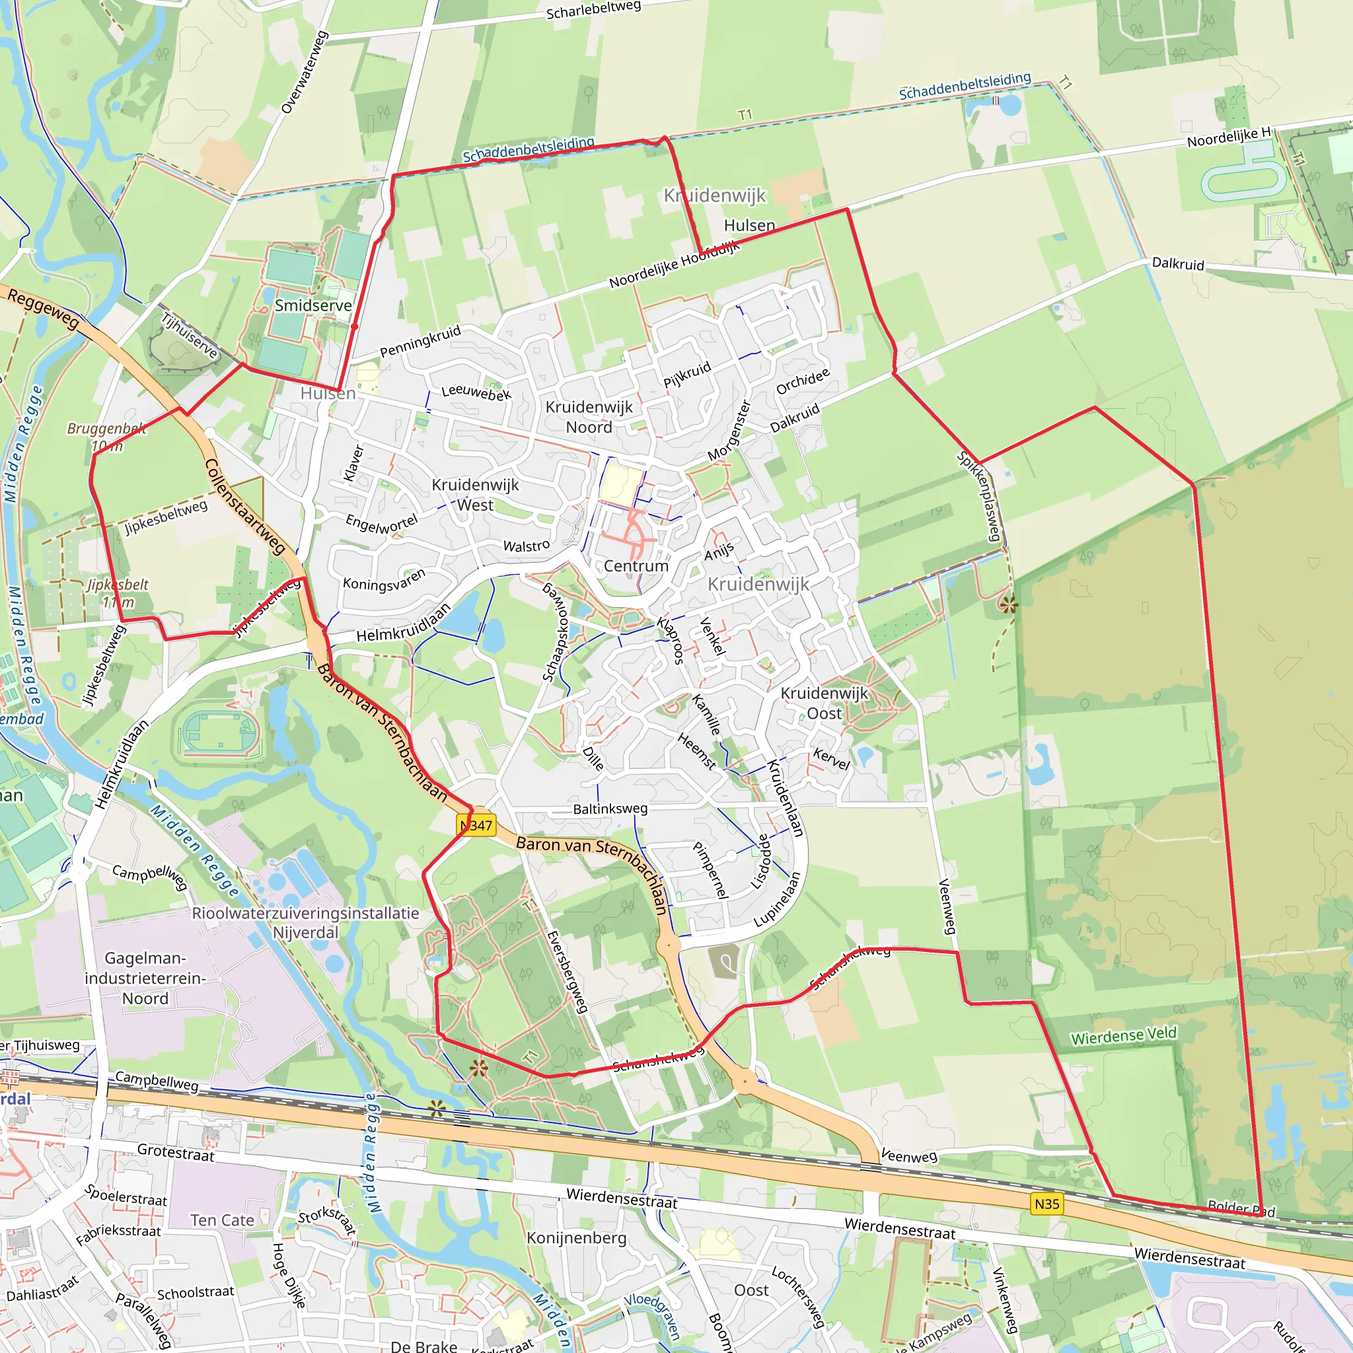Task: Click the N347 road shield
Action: tap(477, 825)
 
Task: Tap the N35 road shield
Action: tap(1047, 1204)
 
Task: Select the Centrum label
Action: tap(636, 566)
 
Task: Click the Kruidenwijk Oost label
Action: tap(824, 703)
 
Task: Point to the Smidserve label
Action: tap(313, 305)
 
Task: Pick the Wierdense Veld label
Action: tap(1123, 1035)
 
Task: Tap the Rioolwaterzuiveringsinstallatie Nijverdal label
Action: tap(305, 923)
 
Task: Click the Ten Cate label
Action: tap(222, 1220)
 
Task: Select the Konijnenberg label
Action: tap(576, 1237)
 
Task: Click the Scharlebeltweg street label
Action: tap(593, 10)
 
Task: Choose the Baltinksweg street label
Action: tap(610, 809)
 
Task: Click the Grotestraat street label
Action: tap(176, 1153)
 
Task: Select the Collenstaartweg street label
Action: tap(244, 506)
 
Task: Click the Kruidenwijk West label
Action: tap(476, 494)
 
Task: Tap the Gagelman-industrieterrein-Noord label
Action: tap(145, 978)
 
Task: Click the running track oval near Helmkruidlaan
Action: tap(219, 734)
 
